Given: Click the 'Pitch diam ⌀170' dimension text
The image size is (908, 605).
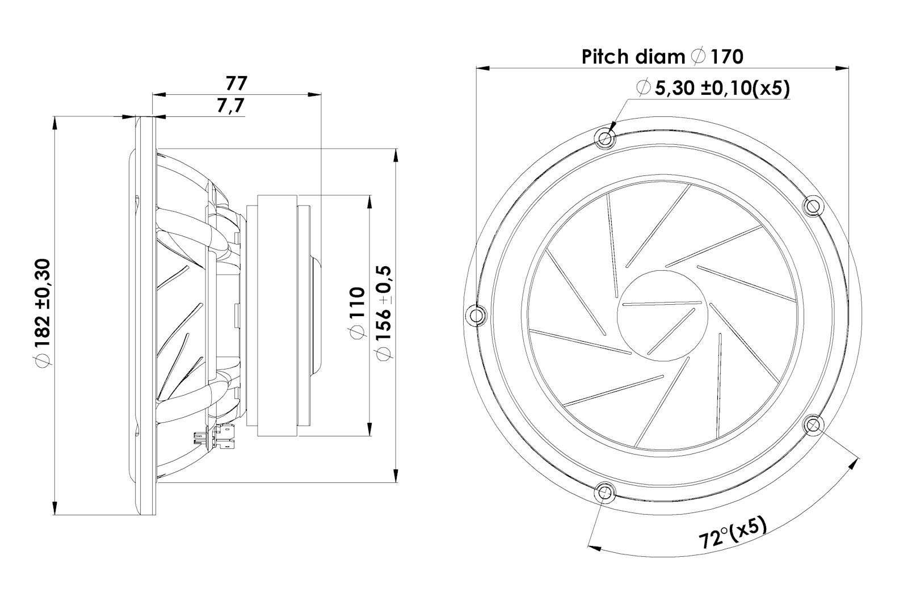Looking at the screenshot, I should point(662,57).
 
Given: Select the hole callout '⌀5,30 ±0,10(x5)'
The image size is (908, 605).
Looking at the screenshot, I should point(713,88).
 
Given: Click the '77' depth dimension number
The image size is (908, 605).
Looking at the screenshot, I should point(236,83).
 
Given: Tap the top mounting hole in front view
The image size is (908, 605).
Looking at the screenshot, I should point(605,137).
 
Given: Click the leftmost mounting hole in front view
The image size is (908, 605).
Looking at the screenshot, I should point(476,314).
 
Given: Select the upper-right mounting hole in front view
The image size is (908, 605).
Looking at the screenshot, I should point(813,205).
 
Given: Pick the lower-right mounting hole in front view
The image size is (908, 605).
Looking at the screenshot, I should point(813,423).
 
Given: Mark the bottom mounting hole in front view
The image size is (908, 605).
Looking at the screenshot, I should point(605,491).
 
